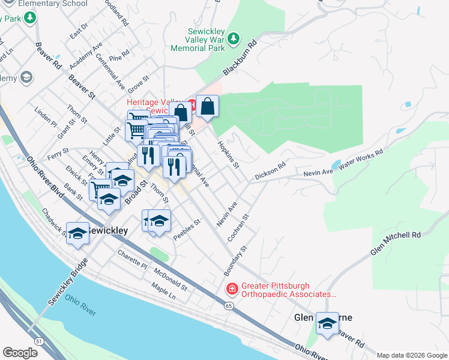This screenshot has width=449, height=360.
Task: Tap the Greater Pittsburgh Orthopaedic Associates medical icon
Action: pos(231,289)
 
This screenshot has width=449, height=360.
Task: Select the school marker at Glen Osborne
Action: pos(327,323)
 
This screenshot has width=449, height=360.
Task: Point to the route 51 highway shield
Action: pos(39,341)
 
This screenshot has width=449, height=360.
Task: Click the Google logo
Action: pos(20,353)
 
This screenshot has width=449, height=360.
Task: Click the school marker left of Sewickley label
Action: pos(77,232)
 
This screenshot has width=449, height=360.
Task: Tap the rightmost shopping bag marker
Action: pos(207,106)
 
